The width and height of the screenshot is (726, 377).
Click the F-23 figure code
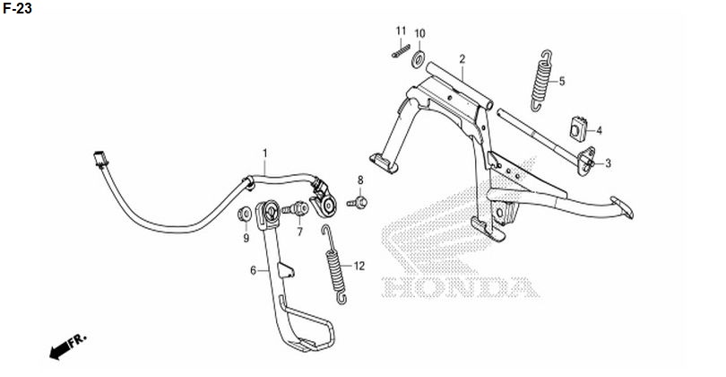pos(17,8)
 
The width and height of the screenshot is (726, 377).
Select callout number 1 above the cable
pos(264,153)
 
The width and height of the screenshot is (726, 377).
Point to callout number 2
pos(462,59)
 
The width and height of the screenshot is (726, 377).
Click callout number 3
pos(608,163)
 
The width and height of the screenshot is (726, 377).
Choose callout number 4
pos(599,131)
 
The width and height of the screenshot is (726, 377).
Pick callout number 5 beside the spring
pos(562,82)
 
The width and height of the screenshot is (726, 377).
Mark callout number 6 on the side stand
pos(254,270)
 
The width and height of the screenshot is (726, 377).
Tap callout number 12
pos(359,267)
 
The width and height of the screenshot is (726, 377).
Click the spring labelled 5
pos(541,81)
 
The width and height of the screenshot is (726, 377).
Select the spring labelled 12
pos(333,265)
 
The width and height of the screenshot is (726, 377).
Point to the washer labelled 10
pos(419,60)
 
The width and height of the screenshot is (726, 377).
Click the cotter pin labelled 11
pos(401,50)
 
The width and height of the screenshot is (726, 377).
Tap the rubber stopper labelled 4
pos(578,129)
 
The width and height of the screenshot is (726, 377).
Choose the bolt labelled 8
pos(358,203)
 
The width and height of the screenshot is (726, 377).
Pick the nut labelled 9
pos(245,215)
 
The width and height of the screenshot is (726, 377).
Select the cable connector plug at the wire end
pos(100,159)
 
